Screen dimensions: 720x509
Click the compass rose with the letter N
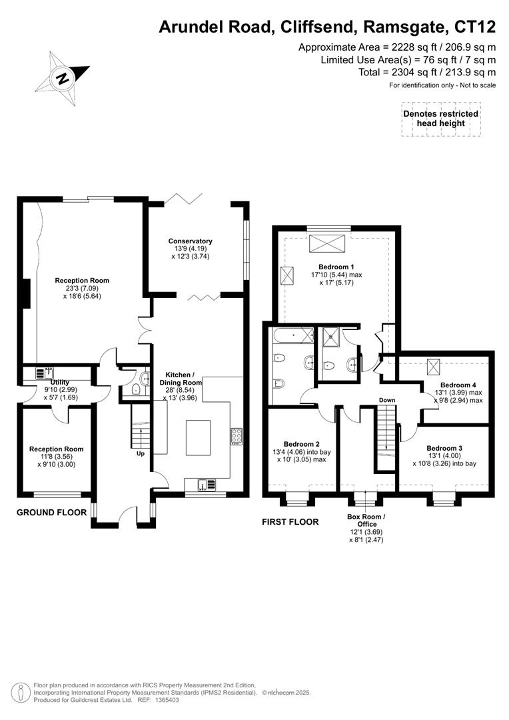(x=63, y=77)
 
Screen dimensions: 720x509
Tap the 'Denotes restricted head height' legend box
(x=440, y=119)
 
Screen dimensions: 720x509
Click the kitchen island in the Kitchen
(x=198, y=438)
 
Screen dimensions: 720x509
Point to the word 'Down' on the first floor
(x=388, y=400)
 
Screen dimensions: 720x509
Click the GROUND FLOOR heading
(x=51, y=513)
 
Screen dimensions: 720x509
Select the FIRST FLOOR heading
(x=290, y=522)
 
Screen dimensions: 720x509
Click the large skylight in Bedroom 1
(x=328, y=241)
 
